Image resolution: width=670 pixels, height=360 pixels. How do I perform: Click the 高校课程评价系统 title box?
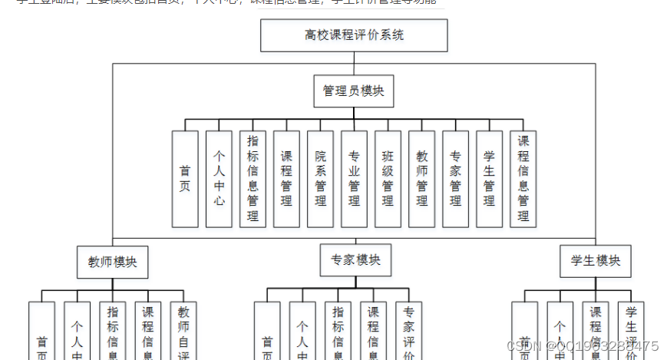click(x=354, y=35)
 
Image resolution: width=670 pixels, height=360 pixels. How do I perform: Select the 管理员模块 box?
click(x=354, y=91)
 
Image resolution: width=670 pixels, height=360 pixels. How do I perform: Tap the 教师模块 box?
click(x=112, y=262)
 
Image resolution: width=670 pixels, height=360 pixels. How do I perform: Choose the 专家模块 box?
click(x=355, y=260)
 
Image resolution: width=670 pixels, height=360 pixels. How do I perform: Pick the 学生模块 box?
click(x=596, y=261)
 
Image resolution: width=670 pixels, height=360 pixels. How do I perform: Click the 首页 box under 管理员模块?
click(x=185, y=179)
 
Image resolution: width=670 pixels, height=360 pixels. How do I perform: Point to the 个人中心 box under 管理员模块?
click(x=219, y=179)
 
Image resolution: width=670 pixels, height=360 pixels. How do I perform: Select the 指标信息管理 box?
click(x=252, y=179)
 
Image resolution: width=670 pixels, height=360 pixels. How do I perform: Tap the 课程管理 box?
click(x=286, y=179)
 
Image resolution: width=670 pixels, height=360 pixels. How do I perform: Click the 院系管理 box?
click(x=320, y=179)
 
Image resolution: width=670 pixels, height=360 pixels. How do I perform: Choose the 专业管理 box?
click(x=354, y=179)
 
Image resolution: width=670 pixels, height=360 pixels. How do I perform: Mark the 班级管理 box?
click(x=388, y=179)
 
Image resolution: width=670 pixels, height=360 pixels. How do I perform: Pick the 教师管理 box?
click(x=421, y=179)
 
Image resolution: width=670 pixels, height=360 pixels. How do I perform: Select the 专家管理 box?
click(x=455, y=179)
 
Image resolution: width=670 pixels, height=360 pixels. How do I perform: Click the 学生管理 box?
click(x=489, y=179)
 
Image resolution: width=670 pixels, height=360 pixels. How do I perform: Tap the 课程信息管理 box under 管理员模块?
click(x=523, y=179)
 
